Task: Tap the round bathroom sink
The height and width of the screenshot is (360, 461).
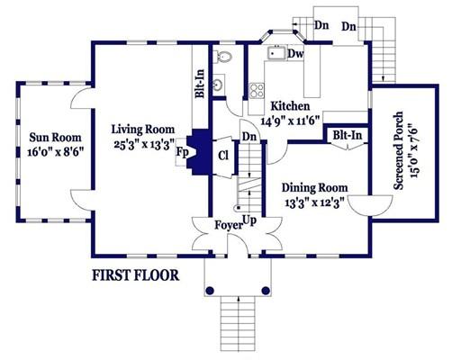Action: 219,84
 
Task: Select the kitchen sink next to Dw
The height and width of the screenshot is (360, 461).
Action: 276,53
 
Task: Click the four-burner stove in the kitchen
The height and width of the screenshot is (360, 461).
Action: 258,90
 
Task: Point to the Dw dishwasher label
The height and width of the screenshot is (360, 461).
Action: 295,54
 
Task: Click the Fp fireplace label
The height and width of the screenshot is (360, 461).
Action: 182,152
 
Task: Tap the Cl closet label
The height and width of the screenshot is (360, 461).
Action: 223,156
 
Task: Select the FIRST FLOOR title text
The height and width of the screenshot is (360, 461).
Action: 135,275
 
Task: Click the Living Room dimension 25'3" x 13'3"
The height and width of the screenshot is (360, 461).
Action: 144,145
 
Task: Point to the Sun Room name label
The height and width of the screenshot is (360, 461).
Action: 55,138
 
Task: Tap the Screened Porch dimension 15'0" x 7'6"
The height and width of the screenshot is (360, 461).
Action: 414,150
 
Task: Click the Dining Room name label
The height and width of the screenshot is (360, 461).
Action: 314,188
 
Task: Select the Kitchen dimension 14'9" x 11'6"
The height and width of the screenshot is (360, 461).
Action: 290,121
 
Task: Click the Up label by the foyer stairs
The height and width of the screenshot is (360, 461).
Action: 249,221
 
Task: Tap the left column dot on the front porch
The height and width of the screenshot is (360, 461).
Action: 210,291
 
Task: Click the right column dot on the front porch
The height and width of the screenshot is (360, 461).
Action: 266,291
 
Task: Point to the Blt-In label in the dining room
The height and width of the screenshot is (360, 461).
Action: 348,136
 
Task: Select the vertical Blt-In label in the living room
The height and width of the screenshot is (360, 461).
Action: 200,84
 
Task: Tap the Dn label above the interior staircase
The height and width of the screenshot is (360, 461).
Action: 249,137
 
